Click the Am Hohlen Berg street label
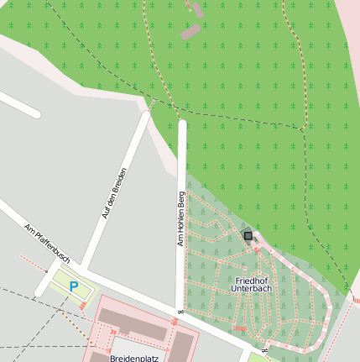pyautogui.click(x=180, y=218)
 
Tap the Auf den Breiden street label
pyautogui.click(x=115, y=194)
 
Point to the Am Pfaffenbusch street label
pyautogui.click(x=48, y=241)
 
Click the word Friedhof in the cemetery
pyautogui.click(x=253, y=280)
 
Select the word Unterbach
pyautogui.click(x=253, y=289)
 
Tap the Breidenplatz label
pyautogui.click(x=134, y=358)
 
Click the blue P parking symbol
pyautogui.click(x=73, y=286)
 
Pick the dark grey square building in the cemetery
pyautogui.click(x=248, y=236)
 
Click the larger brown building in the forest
pyautogui.click(x=191, y=32)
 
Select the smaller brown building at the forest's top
pyautogui.click(x=198, y=9)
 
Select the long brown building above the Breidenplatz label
pyautogui.click(x=134, y=325)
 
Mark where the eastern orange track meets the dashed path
pyautogui.click(x=300, y=128)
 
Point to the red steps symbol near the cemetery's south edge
pyautogui.click(x=239, y=328)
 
